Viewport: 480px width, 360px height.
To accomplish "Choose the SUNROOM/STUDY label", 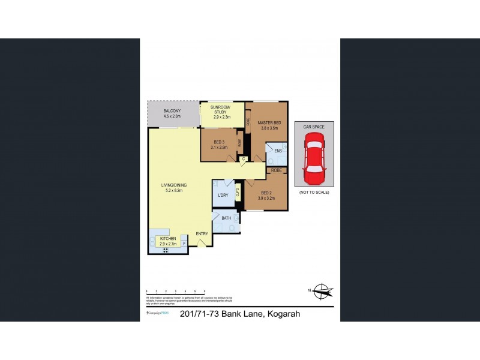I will pos(222,109).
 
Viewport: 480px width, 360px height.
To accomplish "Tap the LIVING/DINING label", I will pos(173,187).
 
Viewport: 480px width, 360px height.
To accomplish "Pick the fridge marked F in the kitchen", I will pos(184,244).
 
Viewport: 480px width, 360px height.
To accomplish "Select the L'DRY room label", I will pos(222,196).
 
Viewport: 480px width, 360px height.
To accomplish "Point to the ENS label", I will pos(277,151).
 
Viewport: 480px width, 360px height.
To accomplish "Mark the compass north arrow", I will pos(323,292).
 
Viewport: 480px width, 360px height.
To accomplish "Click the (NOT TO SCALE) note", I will pos(314,192).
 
